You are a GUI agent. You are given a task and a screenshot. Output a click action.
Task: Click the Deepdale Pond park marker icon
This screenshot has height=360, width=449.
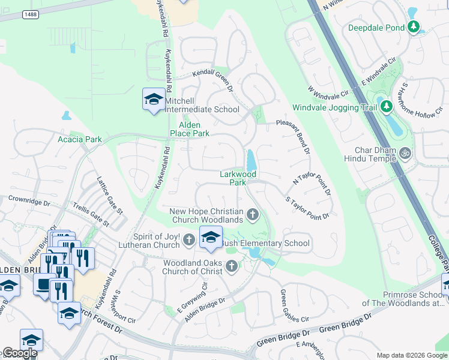[413, 27]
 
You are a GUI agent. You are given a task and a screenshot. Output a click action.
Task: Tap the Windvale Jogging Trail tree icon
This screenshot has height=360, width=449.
[386, 107]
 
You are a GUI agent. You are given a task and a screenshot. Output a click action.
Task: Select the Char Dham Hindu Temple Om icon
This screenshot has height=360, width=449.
[406, 154]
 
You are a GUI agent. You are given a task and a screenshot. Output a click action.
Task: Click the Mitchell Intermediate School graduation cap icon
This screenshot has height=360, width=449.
[154, 100]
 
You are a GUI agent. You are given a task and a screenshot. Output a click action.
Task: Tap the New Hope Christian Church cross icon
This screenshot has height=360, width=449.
[253, 214]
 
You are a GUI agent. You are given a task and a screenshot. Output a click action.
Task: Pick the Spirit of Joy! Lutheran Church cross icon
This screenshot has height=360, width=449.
[189, 241]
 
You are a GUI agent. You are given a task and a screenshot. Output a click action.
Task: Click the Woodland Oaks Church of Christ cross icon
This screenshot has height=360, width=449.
[232, 267]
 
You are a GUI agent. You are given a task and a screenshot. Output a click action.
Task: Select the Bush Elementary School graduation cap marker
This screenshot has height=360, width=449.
[211, 238]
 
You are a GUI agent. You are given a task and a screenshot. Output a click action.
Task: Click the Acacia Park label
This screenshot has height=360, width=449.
[80, 139]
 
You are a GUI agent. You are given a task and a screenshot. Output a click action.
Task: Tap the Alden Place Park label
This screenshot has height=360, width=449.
[189, 129]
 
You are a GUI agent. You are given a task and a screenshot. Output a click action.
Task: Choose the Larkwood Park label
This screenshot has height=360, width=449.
[238, 178]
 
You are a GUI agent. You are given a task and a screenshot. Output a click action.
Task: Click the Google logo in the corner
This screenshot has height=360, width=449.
[20, 353]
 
